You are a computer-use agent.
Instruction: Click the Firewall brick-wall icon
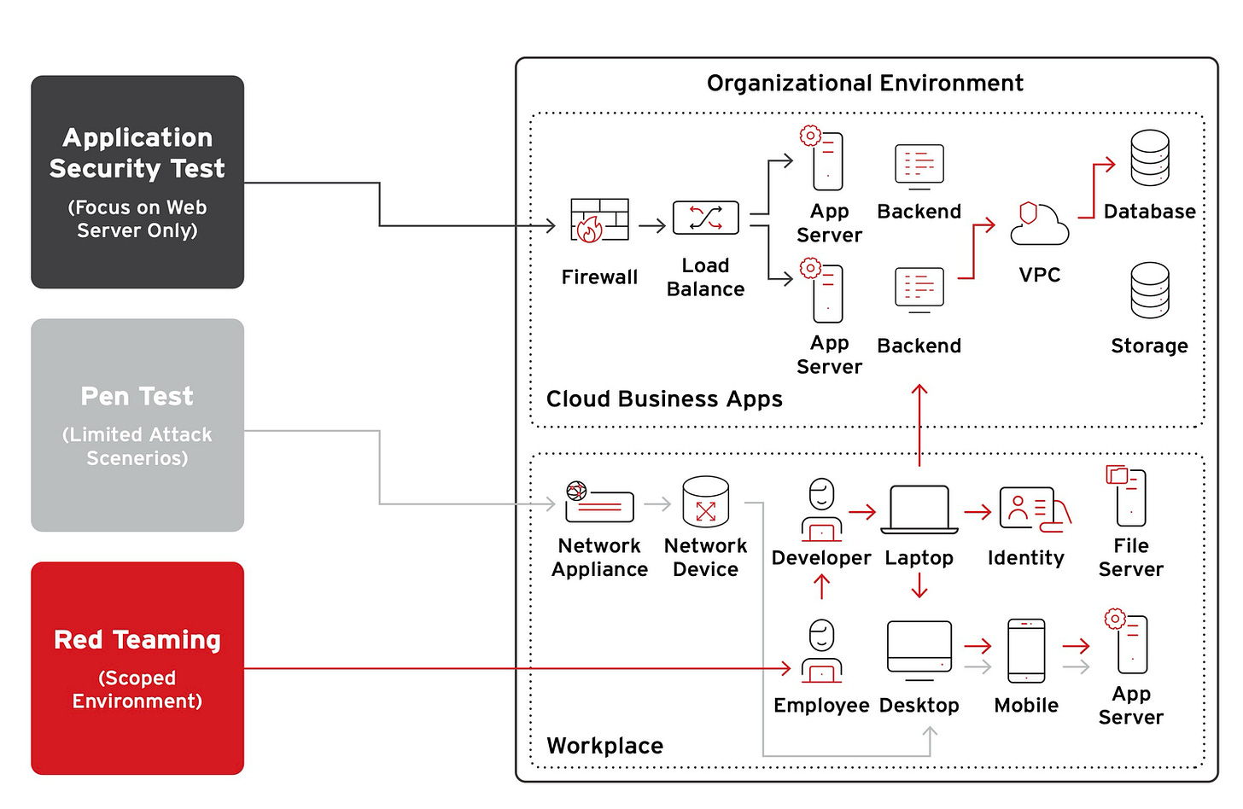pyautogui.click(x=600, y=220)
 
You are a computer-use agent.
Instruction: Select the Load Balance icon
pyautogui.click(x=705, y=218)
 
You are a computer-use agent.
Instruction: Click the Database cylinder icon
pyautogui.click(x=1150, y=158)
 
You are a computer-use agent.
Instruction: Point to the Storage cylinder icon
pyautogui.click(x=1150, y=290)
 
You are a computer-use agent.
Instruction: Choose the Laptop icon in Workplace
pyautogui.click(x=919, y=510)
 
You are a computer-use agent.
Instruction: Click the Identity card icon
pyautogui.click(x=1035, y=509)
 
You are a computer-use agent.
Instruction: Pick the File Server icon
pyautogui.click(x=1126, y=496)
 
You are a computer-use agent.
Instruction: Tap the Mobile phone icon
pyautogui.click(x=1026, y=651)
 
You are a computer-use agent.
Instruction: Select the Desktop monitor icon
pyautogui.click(x=919, y=651)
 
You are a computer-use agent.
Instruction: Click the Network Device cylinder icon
pyautogui.click(x=705, y=501)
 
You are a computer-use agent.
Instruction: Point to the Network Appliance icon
pyautogui.click(x=599, y=502)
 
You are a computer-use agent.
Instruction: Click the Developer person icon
pyautogui.click(x=821, y=509)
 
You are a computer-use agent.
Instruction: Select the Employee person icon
pyautogui.click(x=821, y=651)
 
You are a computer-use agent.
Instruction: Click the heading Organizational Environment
pyautogui.click(x=865, y=84)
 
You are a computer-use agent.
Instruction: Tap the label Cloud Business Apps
pyautogui.click(x=664, y=399)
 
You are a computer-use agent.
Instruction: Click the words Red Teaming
pyautogui.click(x=137, y=640)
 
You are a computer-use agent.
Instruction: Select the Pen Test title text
pyautogui.click(x=137, y=396)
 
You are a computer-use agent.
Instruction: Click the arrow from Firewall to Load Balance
pyautogui.click(x=652, y=226)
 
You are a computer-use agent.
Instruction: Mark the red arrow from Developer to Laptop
pyautogui.click(x=862, y=511)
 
